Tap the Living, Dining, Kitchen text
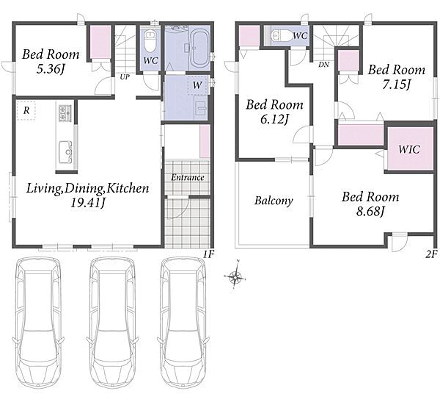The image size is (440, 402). click(x=87, y=188)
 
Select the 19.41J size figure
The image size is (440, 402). click(x=87, y=203)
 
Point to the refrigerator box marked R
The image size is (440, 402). click(x=26, y=110)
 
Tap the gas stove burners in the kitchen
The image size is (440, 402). click(x=65, y=112)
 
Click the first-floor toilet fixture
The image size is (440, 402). click(x=150, y=41)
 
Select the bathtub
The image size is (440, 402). click(x=199, y=48)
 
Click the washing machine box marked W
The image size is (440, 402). click(x=197, y=85)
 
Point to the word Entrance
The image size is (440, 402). click(x=188, y=178)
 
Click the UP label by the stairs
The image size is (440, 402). click(x=125, y=76)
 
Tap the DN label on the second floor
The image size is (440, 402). click(x=323, y=65)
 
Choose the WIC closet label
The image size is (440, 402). click(x=409, y=149)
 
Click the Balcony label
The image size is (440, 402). click(x=274, y=201)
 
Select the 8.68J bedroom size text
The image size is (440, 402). click(x=370, y=211)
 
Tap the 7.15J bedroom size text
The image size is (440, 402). click(x=397, y=84)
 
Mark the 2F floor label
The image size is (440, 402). click(x=431, y=254)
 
